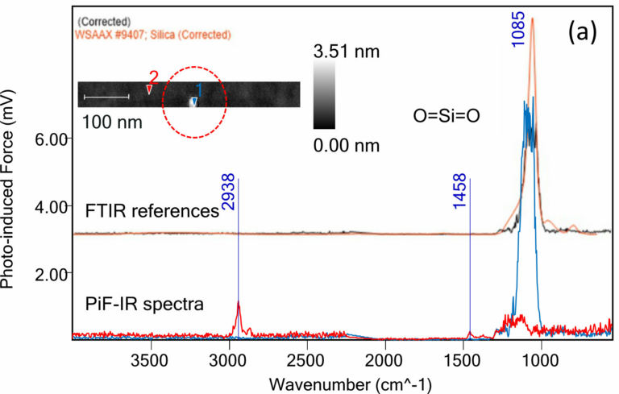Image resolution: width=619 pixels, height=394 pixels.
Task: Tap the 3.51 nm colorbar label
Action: coord(346,53)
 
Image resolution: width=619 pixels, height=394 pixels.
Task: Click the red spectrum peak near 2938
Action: coord(238,304)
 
